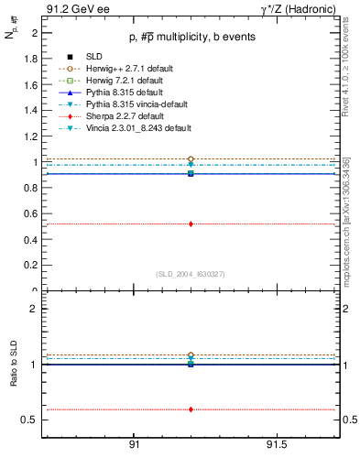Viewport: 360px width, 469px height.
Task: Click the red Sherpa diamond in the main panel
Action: coord(191,224)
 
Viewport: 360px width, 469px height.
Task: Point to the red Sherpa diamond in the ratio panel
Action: coord(191,409)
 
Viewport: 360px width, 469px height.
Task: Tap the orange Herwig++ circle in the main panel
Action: coord(191,159)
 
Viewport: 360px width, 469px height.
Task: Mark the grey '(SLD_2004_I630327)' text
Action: coord(190,274)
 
